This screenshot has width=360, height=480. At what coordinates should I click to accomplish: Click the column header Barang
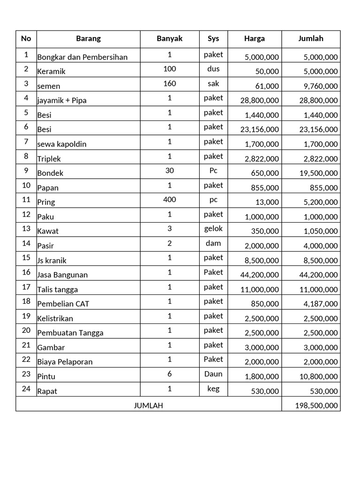(88, 39)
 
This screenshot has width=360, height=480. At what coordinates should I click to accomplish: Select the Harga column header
(254, 39)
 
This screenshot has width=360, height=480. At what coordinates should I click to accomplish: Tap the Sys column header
(213, 39)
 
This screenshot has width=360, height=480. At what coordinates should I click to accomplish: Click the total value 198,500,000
(316, 405)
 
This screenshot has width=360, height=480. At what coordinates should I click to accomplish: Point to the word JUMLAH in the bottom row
(149, 405)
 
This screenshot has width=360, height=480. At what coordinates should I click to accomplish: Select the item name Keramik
(51, 72)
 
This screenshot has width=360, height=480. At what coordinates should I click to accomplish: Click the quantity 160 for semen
(170, 83)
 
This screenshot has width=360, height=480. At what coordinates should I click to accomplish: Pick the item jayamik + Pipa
(62, 100)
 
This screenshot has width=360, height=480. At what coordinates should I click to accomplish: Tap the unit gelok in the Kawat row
(213, 229)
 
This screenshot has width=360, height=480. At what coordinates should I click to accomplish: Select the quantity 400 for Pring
(170, 200)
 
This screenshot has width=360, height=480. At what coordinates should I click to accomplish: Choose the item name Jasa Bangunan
(62, 275)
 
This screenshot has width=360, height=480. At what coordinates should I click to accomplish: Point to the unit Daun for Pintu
(213, 374)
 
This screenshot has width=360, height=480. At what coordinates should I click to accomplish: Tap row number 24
(26, 388)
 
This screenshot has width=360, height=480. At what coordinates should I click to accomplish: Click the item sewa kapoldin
(62, 144)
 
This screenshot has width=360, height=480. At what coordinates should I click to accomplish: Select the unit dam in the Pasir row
(213, 243)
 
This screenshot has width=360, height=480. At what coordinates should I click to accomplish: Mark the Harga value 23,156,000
(260, 129)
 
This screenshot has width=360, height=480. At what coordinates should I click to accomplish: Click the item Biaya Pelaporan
(65, 362)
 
